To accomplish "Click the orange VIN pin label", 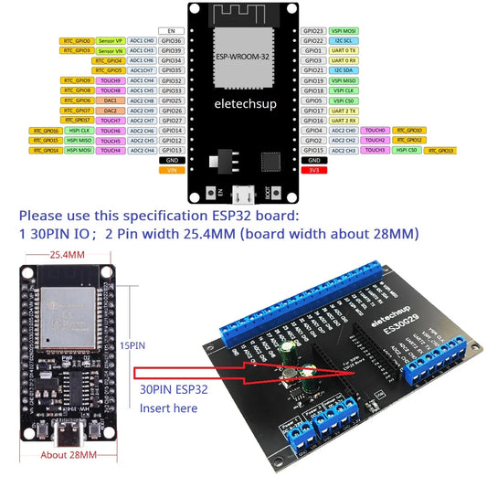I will (x=171, y=170).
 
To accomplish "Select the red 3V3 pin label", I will (x=313, y=170).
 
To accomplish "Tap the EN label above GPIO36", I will (x=171, y=30).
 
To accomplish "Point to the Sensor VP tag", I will (x=111, y=41).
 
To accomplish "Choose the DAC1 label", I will (x=111, y=100).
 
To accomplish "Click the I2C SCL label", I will (x=344, y=41).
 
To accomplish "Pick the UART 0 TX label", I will (x=344, y=50).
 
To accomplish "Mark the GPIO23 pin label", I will (x=313, y=31).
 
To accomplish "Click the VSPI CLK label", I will (x=344, y=90).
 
